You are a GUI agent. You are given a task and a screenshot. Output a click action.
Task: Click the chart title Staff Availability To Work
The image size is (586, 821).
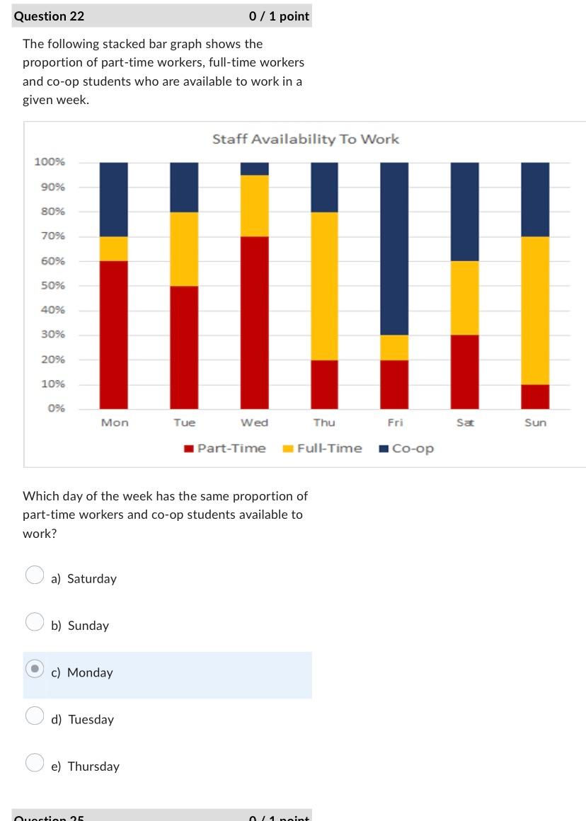305,139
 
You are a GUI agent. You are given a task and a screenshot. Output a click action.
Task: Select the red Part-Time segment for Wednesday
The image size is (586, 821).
255,322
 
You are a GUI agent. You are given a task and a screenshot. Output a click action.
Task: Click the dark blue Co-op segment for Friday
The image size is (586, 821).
394,248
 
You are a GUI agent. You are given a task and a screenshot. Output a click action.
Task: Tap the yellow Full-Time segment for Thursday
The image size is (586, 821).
324,286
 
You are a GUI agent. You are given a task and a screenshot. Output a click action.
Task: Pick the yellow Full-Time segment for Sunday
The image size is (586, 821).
535,310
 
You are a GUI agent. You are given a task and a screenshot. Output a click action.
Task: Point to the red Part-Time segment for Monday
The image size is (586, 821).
114,334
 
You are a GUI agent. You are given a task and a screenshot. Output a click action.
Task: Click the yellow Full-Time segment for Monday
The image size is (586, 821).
114,248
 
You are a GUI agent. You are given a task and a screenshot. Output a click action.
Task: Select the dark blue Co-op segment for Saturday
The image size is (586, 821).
464,212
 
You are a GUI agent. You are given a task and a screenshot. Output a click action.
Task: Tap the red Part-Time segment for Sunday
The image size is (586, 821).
535,396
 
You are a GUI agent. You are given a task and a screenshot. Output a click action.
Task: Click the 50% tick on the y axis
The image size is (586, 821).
53,285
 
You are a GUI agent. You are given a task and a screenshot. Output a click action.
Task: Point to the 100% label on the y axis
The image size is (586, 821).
50,162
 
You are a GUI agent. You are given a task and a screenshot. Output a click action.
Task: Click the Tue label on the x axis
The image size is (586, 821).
184,423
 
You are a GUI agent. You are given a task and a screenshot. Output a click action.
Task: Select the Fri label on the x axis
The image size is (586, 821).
395,423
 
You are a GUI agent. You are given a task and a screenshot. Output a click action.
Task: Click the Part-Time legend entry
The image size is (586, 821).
224,448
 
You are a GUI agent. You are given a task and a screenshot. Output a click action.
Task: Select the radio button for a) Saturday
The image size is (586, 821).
35,575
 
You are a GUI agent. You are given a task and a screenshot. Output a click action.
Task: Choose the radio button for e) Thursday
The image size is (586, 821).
35,763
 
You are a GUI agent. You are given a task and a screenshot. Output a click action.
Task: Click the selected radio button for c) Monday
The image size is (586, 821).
35,669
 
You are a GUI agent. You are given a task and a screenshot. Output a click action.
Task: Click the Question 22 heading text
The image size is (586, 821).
49,16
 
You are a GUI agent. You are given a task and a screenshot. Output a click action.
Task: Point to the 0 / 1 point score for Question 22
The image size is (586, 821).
279,16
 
